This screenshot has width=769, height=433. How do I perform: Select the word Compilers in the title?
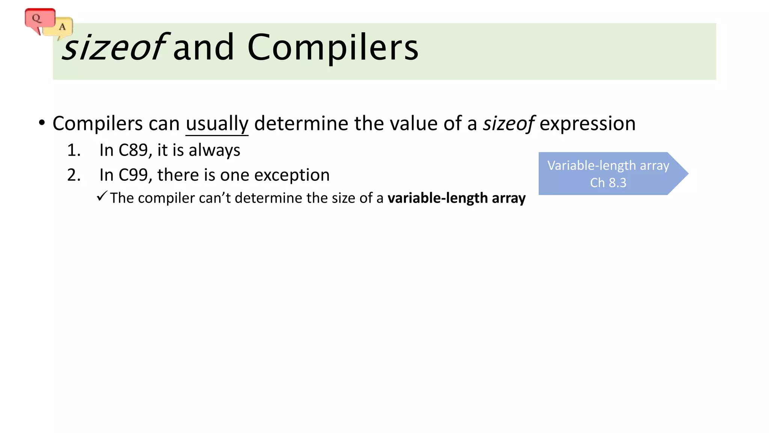333,47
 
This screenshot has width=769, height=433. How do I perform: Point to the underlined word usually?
217,124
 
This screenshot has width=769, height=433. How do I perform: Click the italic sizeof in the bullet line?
508,124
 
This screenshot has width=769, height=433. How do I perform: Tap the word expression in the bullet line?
587,124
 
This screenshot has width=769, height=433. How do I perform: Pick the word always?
214,150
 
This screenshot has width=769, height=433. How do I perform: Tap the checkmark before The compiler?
102,196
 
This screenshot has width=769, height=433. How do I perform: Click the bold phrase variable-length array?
456,198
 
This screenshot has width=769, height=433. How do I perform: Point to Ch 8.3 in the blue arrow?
608,183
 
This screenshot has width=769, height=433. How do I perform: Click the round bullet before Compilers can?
42,123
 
